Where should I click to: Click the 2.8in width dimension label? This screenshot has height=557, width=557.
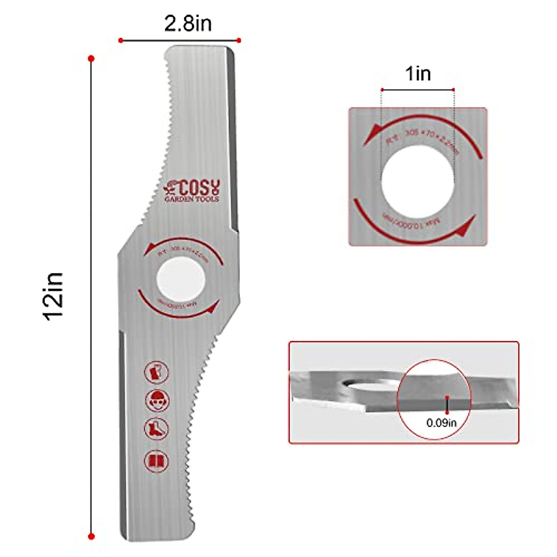[x=188, y=23]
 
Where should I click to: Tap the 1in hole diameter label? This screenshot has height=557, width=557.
[x=418, y=73]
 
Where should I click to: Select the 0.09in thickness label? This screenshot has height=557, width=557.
[x=441, y=423]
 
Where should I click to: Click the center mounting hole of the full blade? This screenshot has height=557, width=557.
[x=181, y=279]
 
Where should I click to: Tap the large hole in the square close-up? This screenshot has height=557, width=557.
[x=418, y=181]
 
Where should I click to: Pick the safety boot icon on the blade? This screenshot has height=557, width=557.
[x=156, y=428]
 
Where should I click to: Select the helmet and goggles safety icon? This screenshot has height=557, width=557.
[x=157, y=400]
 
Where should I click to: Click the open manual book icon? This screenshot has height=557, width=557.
[x=156, y=461]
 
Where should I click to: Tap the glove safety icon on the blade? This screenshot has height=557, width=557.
[x=157, y=372]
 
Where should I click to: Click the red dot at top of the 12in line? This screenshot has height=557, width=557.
[x=91, y=59]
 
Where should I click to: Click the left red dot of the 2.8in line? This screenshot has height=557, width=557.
[x=121, y=40]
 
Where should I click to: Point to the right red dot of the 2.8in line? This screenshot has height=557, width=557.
[x=239, y=40]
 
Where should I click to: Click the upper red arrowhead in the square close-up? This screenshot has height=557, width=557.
[x=370, y=137]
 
